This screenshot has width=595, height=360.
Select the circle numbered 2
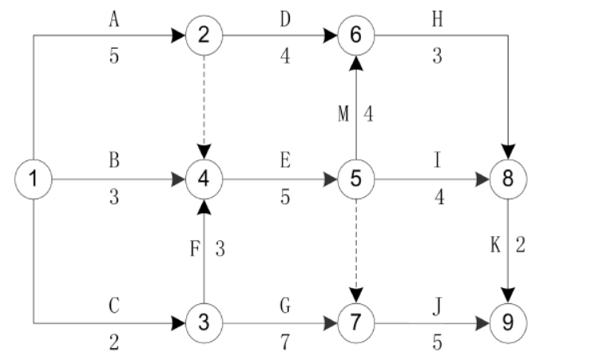pos(204,35)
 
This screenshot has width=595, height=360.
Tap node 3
pos(204,324)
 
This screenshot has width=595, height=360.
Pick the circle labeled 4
pos(204,179)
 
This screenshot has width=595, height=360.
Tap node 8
pos(508,179)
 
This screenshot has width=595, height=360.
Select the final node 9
pos(508,324)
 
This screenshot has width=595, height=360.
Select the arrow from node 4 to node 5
pos(280,179)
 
